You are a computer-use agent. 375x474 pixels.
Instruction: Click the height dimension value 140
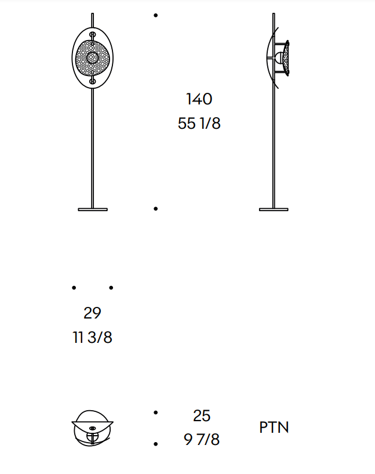point(199,99)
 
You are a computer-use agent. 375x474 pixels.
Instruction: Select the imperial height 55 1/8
point(199,124)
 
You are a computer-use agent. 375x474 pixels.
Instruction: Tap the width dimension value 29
point(92,313)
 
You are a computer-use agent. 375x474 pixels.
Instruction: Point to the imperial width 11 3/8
point(92,337)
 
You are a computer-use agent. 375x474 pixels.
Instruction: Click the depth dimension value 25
point(202,415)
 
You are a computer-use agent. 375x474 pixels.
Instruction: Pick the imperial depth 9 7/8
point(202,439)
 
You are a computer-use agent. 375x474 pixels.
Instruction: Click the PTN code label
point(274,428)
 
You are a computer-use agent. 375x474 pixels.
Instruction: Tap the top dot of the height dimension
point(155,15)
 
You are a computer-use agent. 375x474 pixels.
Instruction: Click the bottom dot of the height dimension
point(155,209)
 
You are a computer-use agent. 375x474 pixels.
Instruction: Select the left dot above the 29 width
point(74,288)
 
